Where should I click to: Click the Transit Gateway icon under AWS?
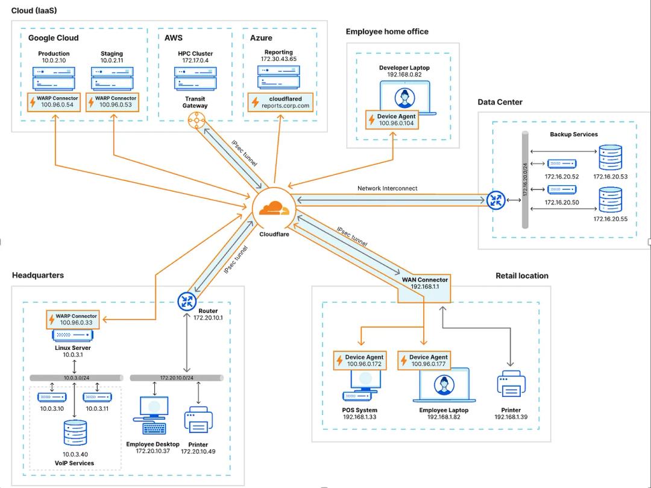(195, 120)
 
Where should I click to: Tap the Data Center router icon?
(496, 200)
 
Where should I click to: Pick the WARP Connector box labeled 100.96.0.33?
(73, 319)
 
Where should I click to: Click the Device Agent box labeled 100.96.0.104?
(392, 119)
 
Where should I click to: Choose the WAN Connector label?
(425, 280)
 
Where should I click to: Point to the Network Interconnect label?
(387, 188)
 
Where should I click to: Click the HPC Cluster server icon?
(195, 78)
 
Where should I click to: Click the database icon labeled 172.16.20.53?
(610, 158)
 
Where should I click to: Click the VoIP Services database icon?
(75, 432)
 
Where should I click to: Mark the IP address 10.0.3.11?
(97, 408)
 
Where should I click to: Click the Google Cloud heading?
(53, 38)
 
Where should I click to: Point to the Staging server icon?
(112, 78)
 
